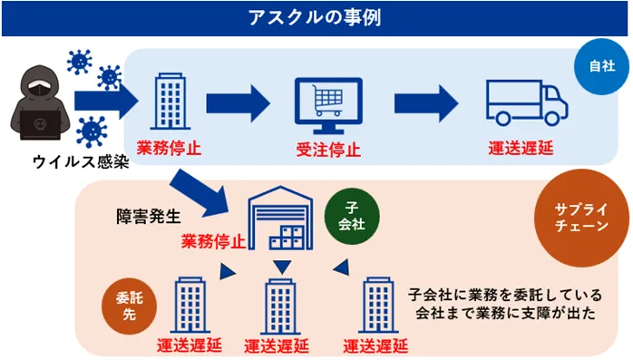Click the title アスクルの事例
click(x=316, y=17)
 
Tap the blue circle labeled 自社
click(x=600, y=66)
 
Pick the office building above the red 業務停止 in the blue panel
click(x=170, y=102)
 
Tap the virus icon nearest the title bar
click(x=79, y=60)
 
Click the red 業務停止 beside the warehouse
click(x=213, y=242)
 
